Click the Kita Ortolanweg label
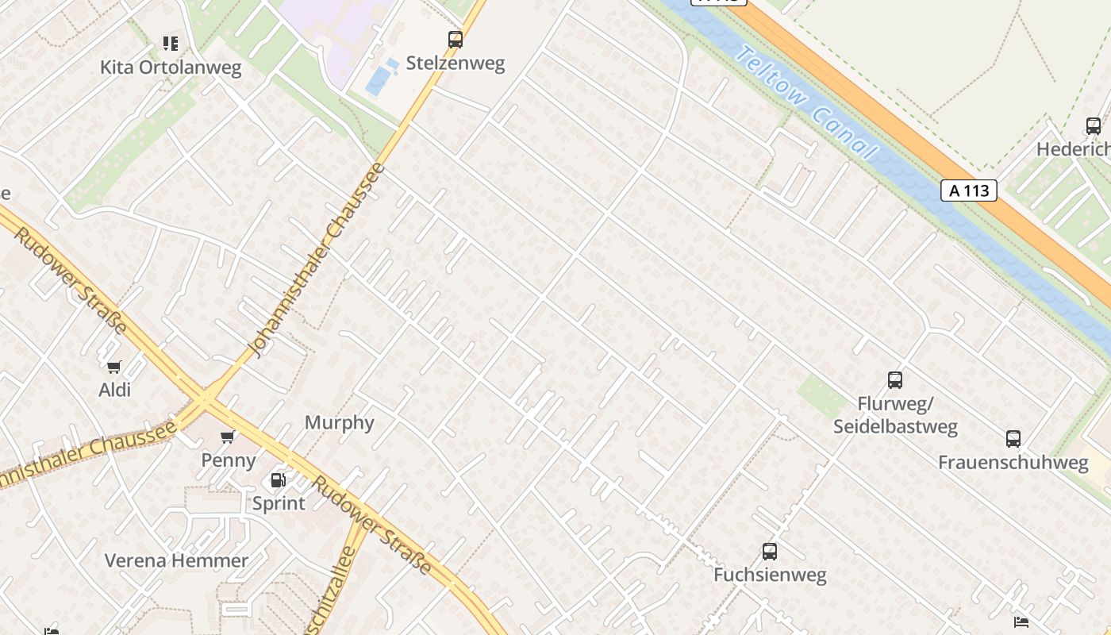coord(171,67)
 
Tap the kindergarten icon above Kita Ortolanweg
coord(171,43)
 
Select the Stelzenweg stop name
coord(456,63)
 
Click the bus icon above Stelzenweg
coord(456,39)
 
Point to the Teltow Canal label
coord(806,103)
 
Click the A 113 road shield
coord(969,190)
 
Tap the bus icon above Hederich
coord(1094,125)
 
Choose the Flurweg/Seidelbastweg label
coord(895,415)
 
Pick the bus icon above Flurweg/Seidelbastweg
coord(895,380)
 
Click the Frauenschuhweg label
coord(1013,463)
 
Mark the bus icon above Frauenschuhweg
coord(1013,438)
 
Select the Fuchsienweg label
coord(770,575)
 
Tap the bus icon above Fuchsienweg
coord(769,551)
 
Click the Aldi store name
coord(114,390)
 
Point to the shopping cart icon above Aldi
coord(114,366)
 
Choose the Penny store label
coord(229,460)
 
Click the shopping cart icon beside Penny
coord(229,437)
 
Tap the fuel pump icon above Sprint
coord(278,479)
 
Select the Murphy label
coord(339,422)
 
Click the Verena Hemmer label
coord(177,560)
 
